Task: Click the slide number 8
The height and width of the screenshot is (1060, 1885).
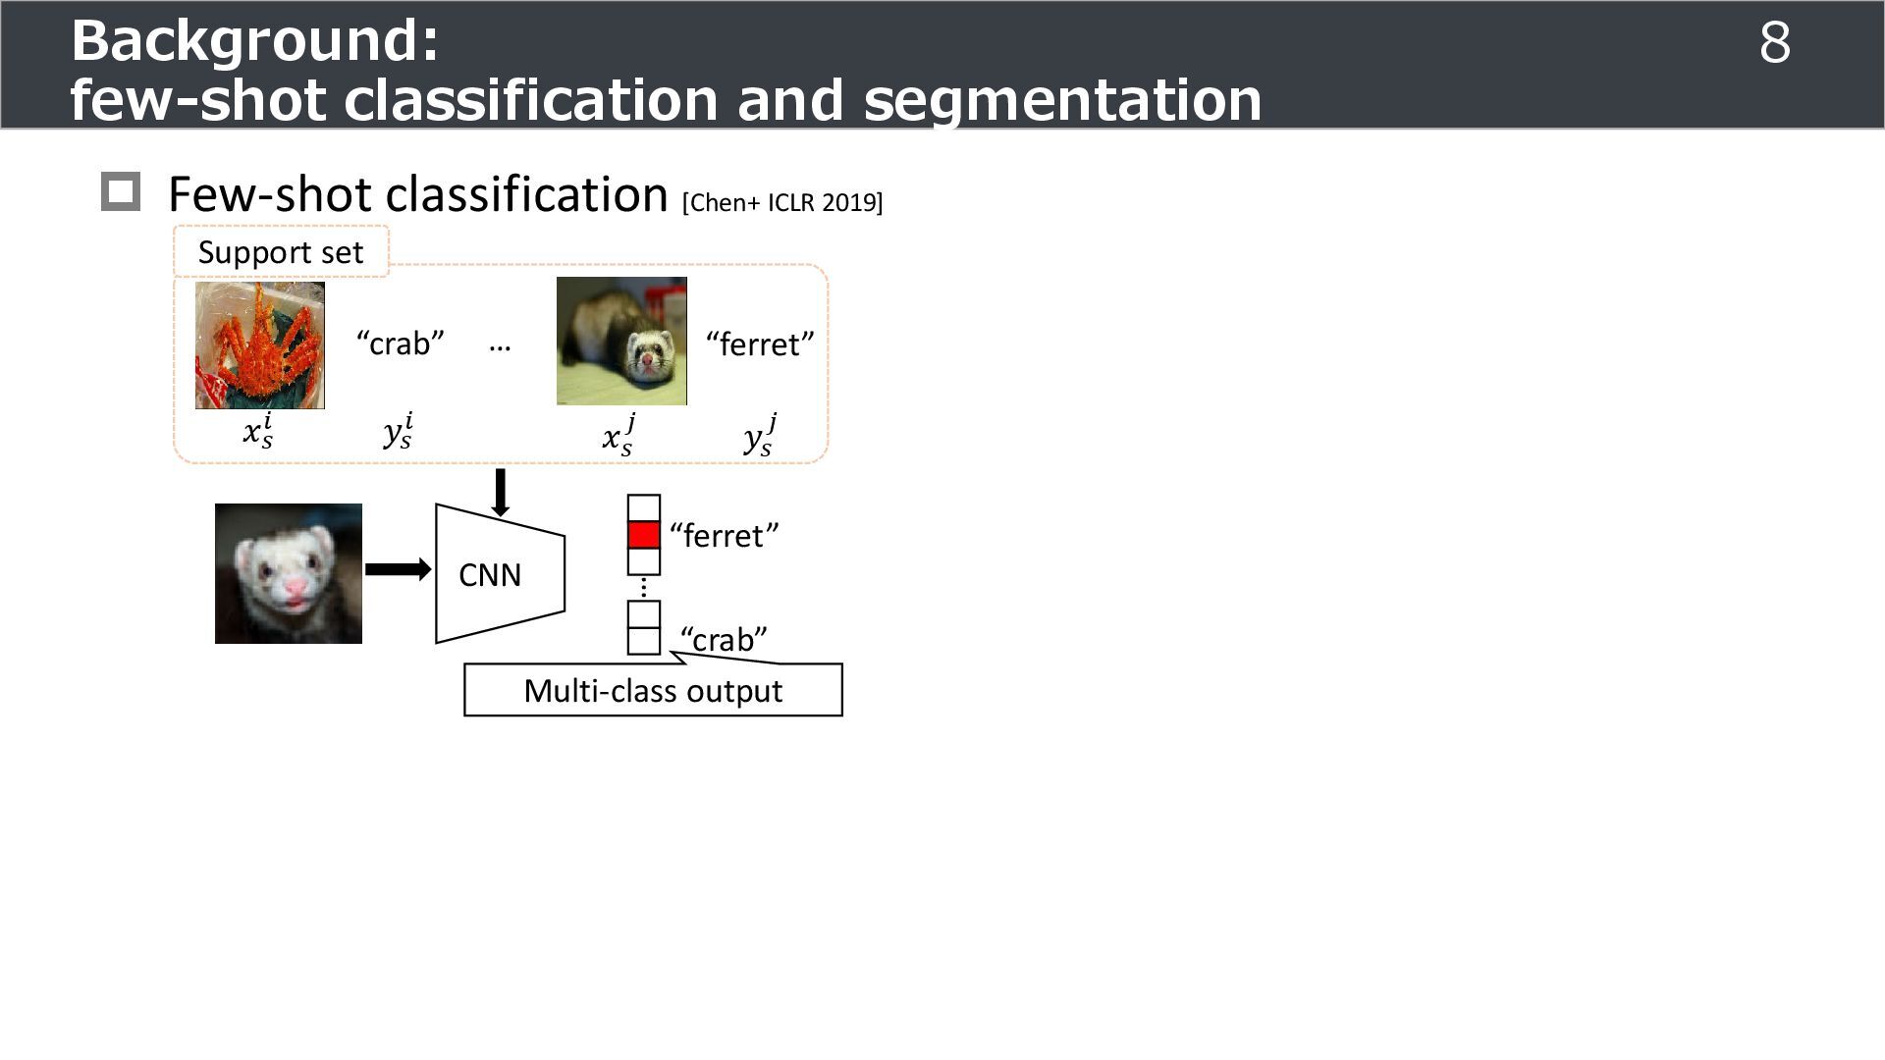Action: (1774, 44)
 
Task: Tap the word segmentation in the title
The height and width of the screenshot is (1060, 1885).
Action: (1062, 100)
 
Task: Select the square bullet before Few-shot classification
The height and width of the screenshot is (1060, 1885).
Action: (121, 191)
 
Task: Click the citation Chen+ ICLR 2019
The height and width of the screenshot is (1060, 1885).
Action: (782, 202)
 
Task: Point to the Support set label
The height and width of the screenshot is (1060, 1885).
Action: (281, 252)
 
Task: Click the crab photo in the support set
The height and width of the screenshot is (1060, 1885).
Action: (259, 345)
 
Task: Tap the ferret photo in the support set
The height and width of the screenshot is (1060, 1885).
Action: (621, 342)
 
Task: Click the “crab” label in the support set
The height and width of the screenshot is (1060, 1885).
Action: (400, 344)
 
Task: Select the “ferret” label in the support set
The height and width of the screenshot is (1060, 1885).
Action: (760, 344)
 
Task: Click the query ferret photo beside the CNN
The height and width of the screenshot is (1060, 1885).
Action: (289, 573)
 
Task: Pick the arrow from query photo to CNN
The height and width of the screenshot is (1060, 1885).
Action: (398, 569)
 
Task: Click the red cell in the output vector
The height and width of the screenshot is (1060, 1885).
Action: (644, 535)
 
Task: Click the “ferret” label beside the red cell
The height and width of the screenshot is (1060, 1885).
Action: (725, 536)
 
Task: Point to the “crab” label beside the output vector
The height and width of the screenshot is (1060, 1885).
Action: (724, 640)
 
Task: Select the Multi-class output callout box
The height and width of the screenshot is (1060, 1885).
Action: (653, 691)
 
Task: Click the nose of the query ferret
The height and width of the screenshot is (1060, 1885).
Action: (296, 588)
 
